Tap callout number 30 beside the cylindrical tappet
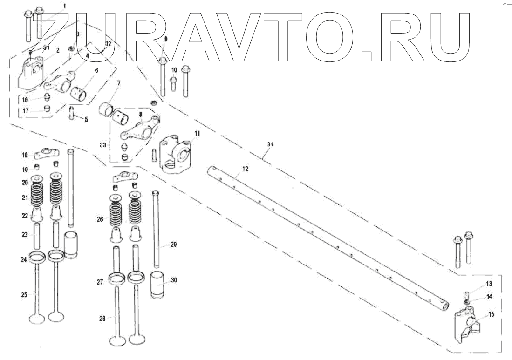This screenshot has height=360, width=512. [x=174, y=280]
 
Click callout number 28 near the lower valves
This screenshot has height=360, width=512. [x=102, y=318]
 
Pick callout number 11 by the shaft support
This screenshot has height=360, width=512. [x=197, y=133]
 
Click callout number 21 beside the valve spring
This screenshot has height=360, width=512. [x=25, y=197]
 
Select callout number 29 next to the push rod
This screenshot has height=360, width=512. [x=173, y=244]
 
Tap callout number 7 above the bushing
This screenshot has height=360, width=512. [x=119, y=82]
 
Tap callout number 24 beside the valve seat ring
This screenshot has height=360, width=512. [x=23, y=260]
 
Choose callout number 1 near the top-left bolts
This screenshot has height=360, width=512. [x=64, y=6]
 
